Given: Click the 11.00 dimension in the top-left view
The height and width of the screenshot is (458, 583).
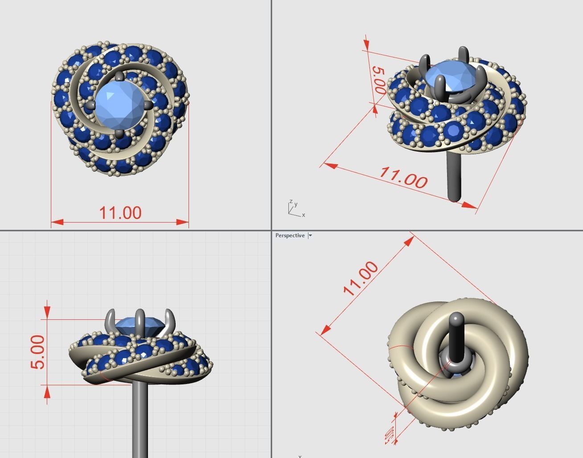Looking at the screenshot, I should click(x=120, y=213).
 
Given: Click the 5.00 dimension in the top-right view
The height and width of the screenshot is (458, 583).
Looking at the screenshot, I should click(x=378, y=79).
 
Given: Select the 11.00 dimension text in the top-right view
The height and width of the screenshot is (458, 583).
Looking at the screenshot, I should click(x=403, y=177).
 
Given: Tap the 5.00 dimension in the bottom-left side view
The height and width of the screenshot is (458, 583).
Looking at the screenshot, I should click(x=38, y=352).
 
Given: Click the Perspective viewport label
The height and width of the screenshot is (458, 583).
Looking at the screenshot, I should click(x=290, y=235).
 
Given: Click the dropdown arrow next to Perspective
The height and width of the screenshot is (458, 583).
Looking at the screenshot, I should click(x=310, y=235).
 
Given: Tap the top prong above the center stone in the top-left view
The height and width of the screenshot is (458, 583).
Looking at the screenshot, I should click(x=119, y=77).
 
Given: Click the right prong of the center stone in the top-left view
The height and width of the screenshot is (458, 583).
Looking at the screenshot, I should click(x=148, y=105).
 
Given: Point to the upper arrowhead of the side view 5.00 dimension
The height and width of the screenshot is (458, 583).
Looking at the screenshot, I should click(x=47, y=312).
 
